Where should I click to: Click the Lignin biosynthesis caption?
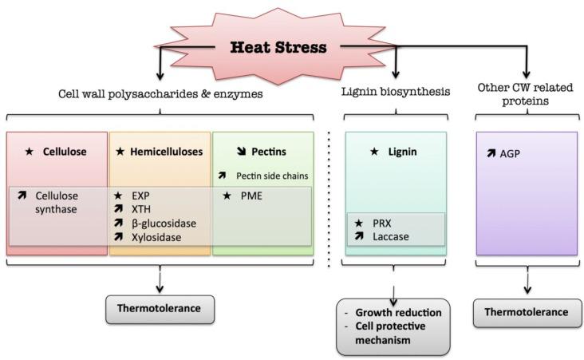[394, 93]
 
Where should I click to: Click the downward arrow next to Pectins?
[231, 150]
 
